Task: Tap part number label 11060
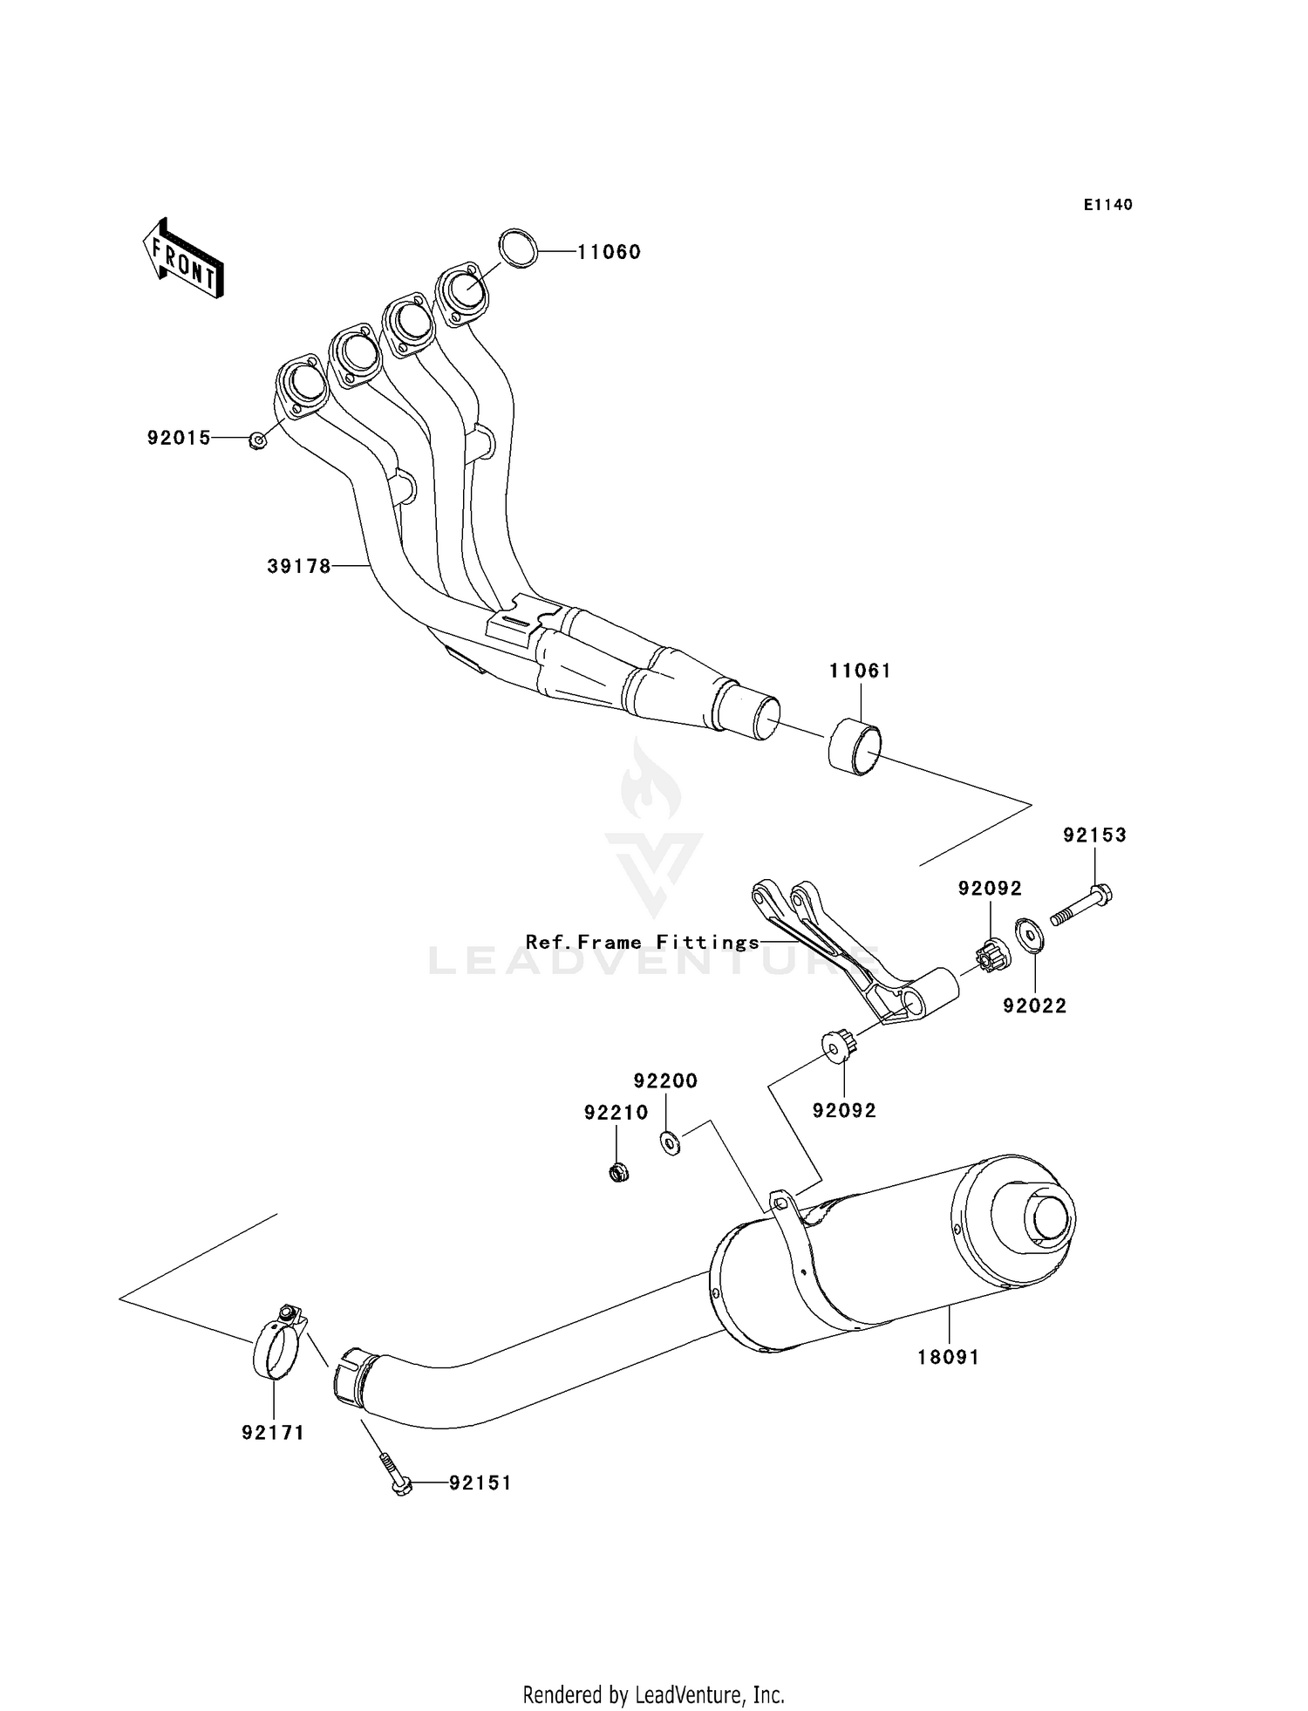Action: click(x=609, y=252)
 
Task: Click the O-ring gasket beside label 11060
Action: click(x=518, y=249)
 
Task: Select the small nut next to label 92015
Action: click(x=257, y=440)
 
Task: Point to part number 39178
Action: click(x=299, y=567)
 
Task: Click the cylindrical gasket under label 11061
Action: click(x=855, y=746)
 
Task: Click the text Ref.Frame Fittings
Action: click(x=643, y=942)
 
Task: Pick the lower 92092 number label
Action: click(x=844, y=1111)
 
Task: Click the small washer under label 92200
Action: click(x=670, y=1142)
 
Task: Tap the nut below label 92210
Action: click(x=618, y=1171)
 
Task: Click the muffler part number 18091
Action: click(x=948, y=1357)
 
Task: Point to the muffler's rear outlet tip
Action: click(x=1047, y=1218)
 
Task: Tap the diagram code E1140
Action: click(x=1107, y=205)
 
